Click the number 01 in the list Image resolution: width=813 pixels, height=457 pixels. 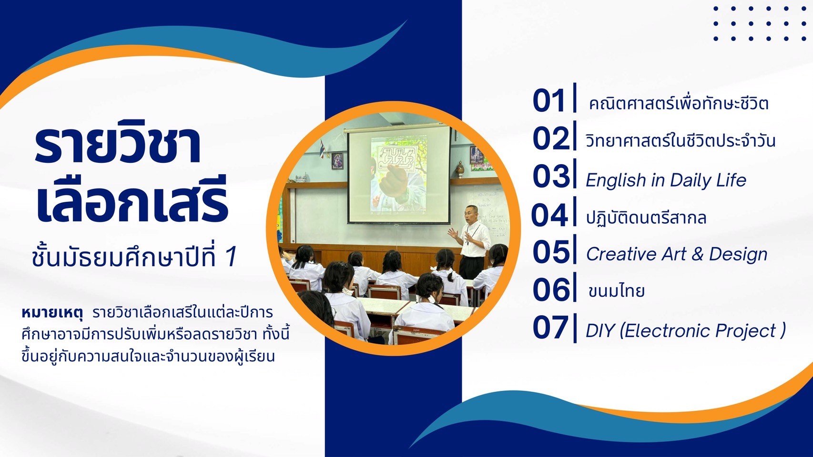pyautogui.click(x=549, y=100)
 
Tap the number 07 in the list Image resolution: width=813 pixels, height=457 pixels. pyautogui.click(x=550, y=328)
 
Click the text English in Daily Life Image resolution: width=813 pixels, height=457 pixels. pyautogui.click(x=666, y=180)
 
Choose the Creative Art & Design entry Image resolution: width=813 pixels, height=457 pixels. pyautogui.click(x=677, y=254)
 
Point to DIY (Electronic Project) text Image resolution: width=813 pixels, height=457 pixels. pyautogui.click(x=686, y=330)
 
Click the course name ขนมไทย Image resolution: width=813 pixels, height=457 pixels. pyautogui.click(x=616, y=290)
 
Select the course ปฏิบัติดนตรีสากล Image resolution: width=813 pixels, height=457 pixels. pyautogui.click(x=646, y=217)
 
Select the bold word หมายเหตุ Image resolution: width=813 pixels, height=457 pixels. pyautogui.click(x=52, y=312)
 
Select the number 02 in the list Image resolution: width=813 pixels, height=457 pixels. pyautogui.click(x=550, y=138)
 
